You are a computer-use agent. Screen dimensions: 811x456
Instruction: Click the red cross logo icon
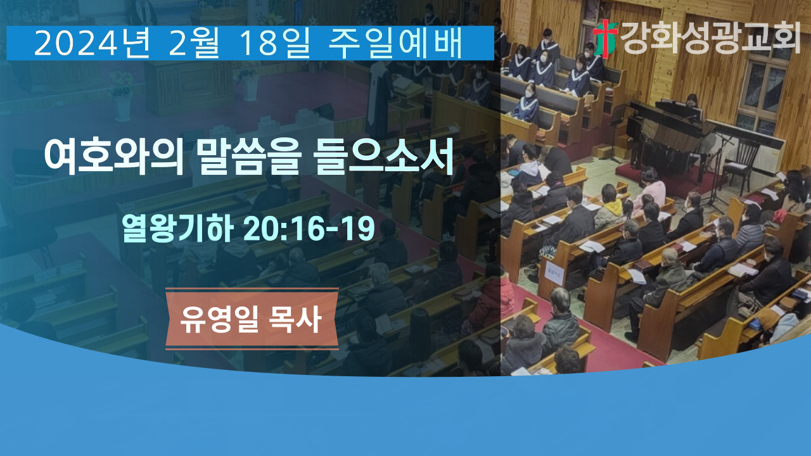[605, 38]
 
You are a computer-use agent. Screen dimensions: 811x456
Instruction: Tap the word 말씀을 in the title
[250, 158]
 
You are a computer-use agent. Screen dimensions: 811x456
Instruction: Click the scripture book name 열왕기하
[177, 229]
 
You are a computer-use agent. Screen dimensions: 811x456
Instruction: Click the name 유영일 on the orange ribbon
[219, 319]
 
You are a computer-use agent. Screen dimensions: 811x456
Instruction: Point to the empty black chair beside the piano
[741, 165]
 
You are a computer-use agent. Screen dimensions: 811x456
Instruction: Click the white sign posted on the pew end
[554, 274]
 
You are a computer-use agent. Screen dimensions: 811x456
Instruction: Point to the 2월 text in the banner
[194, 44]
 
